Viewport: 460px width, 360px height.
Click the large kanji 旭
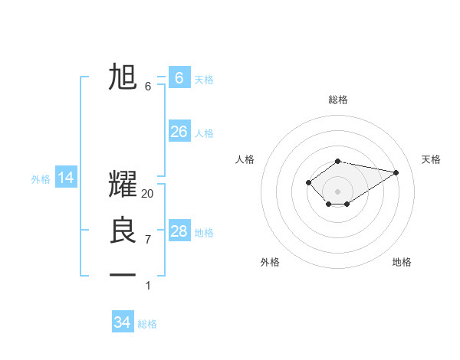click(123, 77)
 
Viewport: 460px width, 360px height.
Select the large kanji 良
click(123, 231)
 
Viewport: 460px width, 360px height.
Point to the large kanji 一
click(123, 274)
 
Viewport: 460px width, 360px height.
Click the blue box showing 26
click(179, 132)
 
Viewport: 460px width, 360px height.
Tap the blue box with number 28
click(179, 231)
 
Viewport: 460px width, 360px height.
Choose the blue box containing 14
click(66, 178)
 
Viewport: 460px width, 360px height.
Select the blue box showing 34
click(123, 322)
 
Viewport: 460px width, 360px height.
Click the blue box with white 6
click(179, 78)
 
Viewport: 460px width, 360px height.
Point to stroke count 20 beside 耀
click(148, 195)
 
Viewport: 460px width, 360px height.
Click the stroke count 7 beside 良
click(148, 240)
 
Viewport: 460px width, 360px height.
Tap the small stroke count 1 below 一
click(148, 286)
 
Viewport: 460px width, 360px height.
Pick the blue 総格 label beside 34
click(147, 324)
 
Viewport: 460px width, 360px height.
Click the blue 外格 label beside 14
click(41, 179)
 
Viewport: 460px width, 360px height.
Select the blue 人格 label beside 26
click(204, 133)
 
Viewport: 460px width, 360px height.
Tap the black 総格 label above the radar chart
click(337, 100)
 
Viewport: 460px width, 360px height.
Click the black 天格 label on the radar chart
click(431, 159)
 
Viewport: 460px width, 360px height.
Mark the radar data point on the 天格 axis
click(396, 172)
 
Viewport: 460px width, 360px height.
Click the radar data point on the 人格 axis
click(308, 182)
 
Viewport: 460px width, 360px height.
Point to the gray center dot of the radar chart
click(337, 191)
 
